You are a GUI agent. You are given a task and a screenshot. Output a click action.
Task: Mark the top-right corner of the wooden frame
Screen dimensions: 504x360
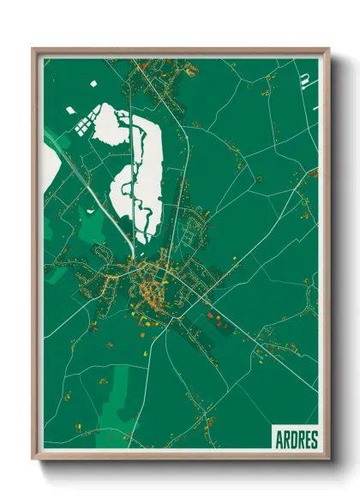pos(327,50)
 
